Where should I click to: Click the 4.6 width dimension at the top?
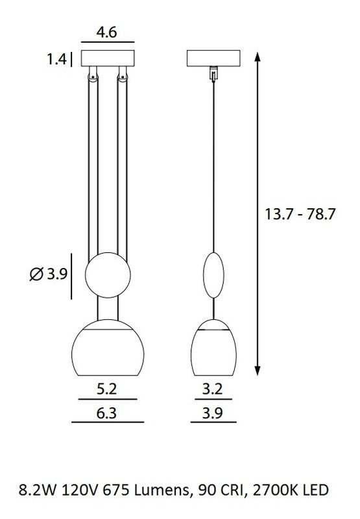(x=106, y=32)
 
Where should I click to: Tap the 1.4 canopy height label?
(x=56, y=59)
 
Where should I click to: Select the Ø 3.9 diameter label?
(x=48, y=274)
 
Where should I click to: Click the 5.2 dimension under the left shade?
(x=106, y=389)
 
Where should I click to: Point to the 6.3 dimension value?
(x=106, y=413)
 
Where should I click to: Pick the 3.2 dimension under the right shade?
(x=212, y=389)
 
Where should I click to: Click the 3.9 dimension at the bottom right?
(x=212, y=413)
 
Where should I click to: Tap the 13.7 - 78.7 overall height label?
(x=300, y=214)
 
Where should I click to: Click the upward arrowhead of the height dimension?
(x=258, y=57)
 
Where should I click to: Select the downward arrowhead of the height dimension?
(x=258, y=370)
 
